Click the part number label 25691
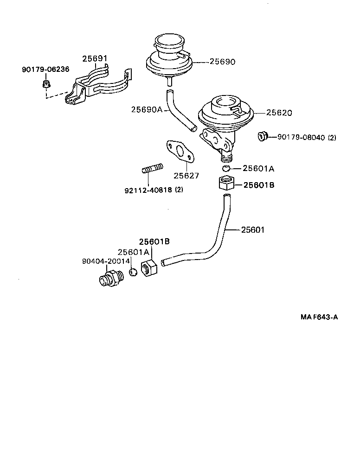[x=95, y=59]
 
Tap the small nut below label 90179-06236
[x=46, y=84]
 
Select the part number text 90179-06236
[x=45, y=70]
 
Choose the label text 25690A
[x=147, y=110]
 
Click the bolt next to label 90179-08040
[x=263, y=137]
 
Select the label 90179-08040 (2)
[x=307, y=137]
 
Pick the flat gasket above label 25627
[x=179, y=152]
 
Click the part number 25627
[x=186, y=176]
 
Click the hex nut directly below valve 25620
[x=226, y=184]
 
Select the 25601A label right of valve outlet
[x=259, y=169]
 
